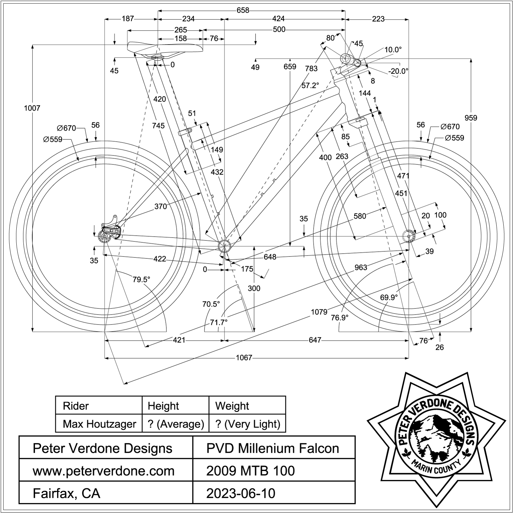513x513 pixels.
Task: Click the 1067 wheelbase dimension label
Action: pos(244,357)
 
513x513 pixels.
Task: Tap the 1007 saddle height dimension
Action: pos(32,108)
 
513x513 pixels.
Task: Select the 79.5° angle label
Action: pos(141,280)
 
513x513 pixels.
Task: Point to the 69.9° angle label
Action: pos(389,298)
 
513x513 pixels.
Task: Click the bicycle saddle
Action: pos(165,47)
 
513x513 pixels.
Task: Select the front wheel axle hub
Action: pos(408,237)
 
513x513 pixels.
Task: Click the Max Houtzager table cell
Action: pos(99,424)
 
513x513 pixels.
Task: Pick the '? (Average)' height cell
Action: pos(176,424)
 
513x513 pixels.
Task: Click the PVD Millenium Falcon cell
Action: pos(273,448)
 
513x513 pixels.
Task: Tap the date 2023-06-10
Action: pos(241,493)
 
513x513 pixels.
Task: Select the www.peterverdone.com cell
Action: pos(104,471)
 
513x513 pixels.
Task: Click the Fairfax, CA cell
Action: pos(66,493)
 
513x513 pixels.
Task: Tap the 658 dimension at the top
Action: pos(243,11)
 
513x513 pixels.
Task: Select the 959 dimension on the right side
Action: pos(471,118)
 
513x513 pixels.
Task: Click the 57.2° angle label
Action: pos(310,85)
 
